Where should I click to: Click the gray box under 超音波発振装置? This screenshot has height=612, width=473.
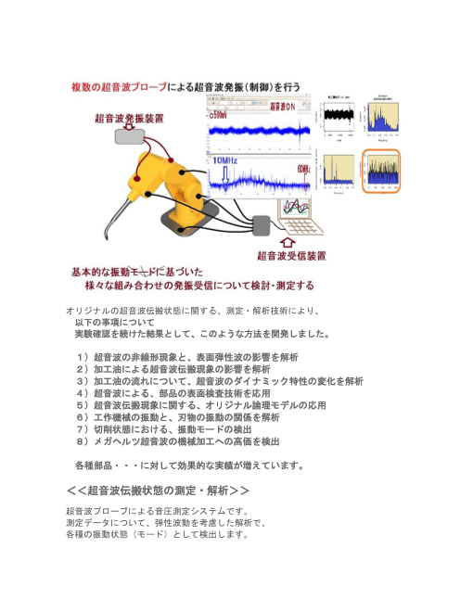tap(129, 135)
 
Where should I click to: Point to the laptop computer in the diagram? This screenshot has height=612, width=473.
tap(299, 217)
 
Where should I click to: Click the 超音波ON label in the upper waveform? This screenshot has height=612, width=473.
tap(282, 107)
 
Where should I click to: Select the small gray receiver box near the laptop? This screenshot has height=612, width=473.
tap(259, 223)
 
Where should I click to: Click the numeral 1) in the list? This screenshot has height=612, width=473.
tap(82, 356)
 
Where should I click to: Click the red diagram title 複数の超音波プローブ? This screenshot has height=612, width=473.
tap(121, 86)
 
